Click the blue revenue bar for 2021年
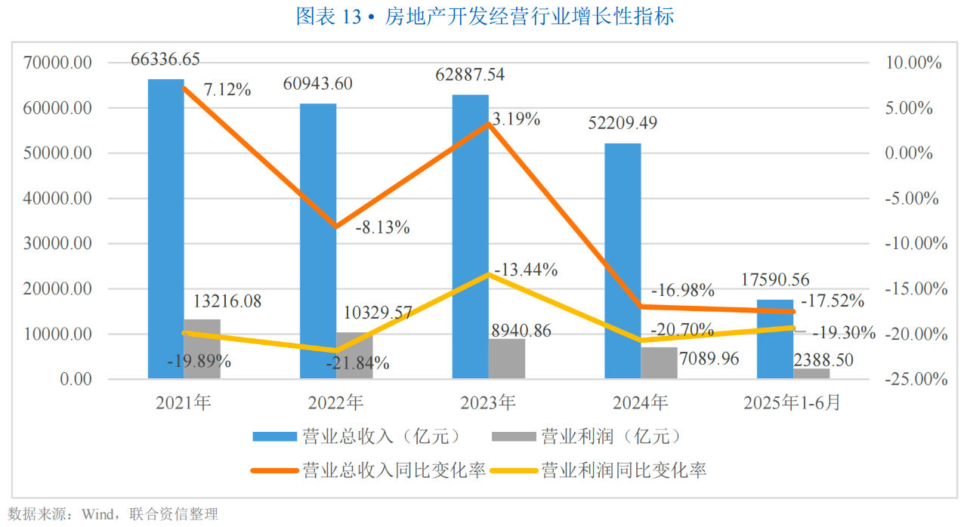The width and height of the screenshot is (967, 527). tap(165, 227)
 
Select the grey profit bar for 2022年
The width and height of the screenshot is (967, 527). tap(354, 356)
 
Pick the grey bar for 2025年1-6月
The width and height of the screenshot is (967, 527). tap(811, 373)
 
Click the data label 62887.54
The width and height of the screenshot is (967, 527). tap(471, 76)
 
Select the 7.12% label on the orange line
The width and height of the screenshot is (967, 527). tap(227, 90)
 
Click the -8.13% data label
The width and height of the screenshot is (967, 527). tap(382, 227)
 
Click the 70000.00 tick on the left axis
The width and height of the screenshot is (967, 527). tap(58, 63)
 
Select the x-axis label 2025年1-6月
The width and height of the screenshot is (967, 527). tap(792, 403)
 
